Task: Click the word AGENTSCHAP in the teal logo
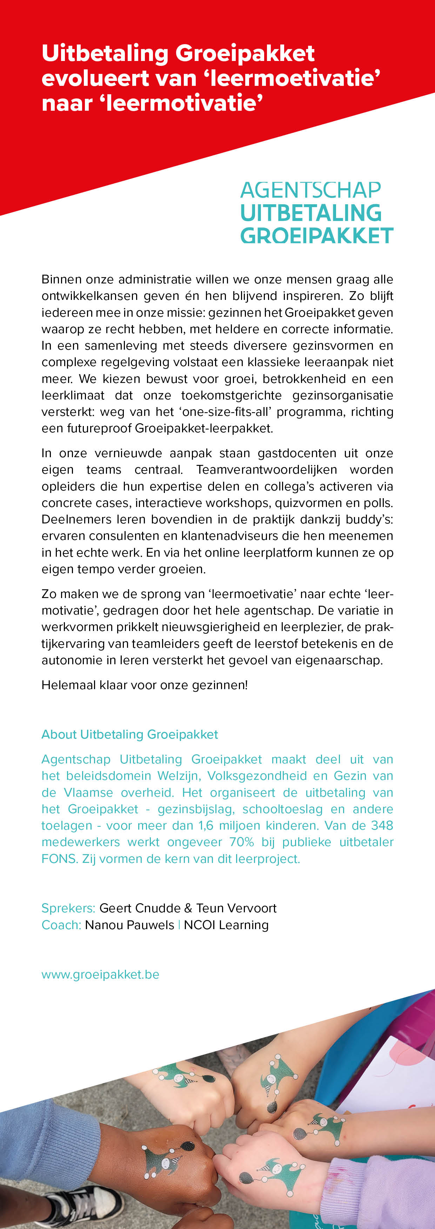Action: pyautogui.click(x=310, y=190)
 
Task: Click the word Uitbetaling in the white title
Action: pyautogui.click(x=105, y=54)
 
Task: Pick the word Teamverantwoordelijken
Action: pyautogui.click(x=267, y=469)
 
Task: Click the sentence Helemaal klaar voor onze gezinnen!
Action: pyautogui.click(x=145, y=685)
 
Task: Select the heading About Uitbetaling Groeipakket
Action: pyautogui.click(x=129, y=734)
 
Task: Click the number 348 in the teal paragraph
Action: pyautogui.click(x=382, y=825)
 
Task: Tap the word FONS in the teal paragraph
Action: pyautogui.click(x=59, y=859)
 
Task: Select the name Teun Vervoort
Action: pyautogui.click(x=236, y=908)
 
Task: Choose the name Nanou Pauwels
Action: pyautogui.click(x=129, y=925)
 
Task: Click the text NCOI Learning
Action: pyautogui.click(x=226, y=925)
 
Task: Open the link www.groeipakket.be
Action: pyautogui.click(x=100, y=974)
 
